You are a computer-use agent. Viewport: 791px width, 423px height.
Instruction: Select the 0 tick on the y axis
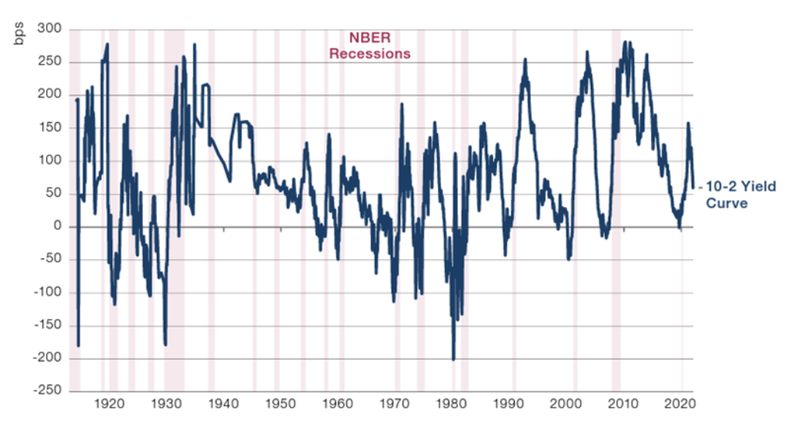pyautogui.click(x=55, y=227)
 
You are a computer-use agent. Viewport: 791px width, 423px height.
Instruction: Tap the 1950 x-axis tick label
pyautogui.click(x=281, y=405)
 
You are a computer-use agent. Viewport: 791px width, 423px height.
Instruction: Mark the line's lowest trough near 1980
pyautogui.click(x=453, y=358)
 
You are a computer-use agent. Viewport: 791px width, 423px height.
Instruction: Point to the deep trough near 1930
pyautogui.click(x=165, y=344)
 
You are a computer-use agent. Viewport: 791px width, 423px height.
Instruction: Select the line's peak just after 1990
pyautogui.click(x=525, y=59)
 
